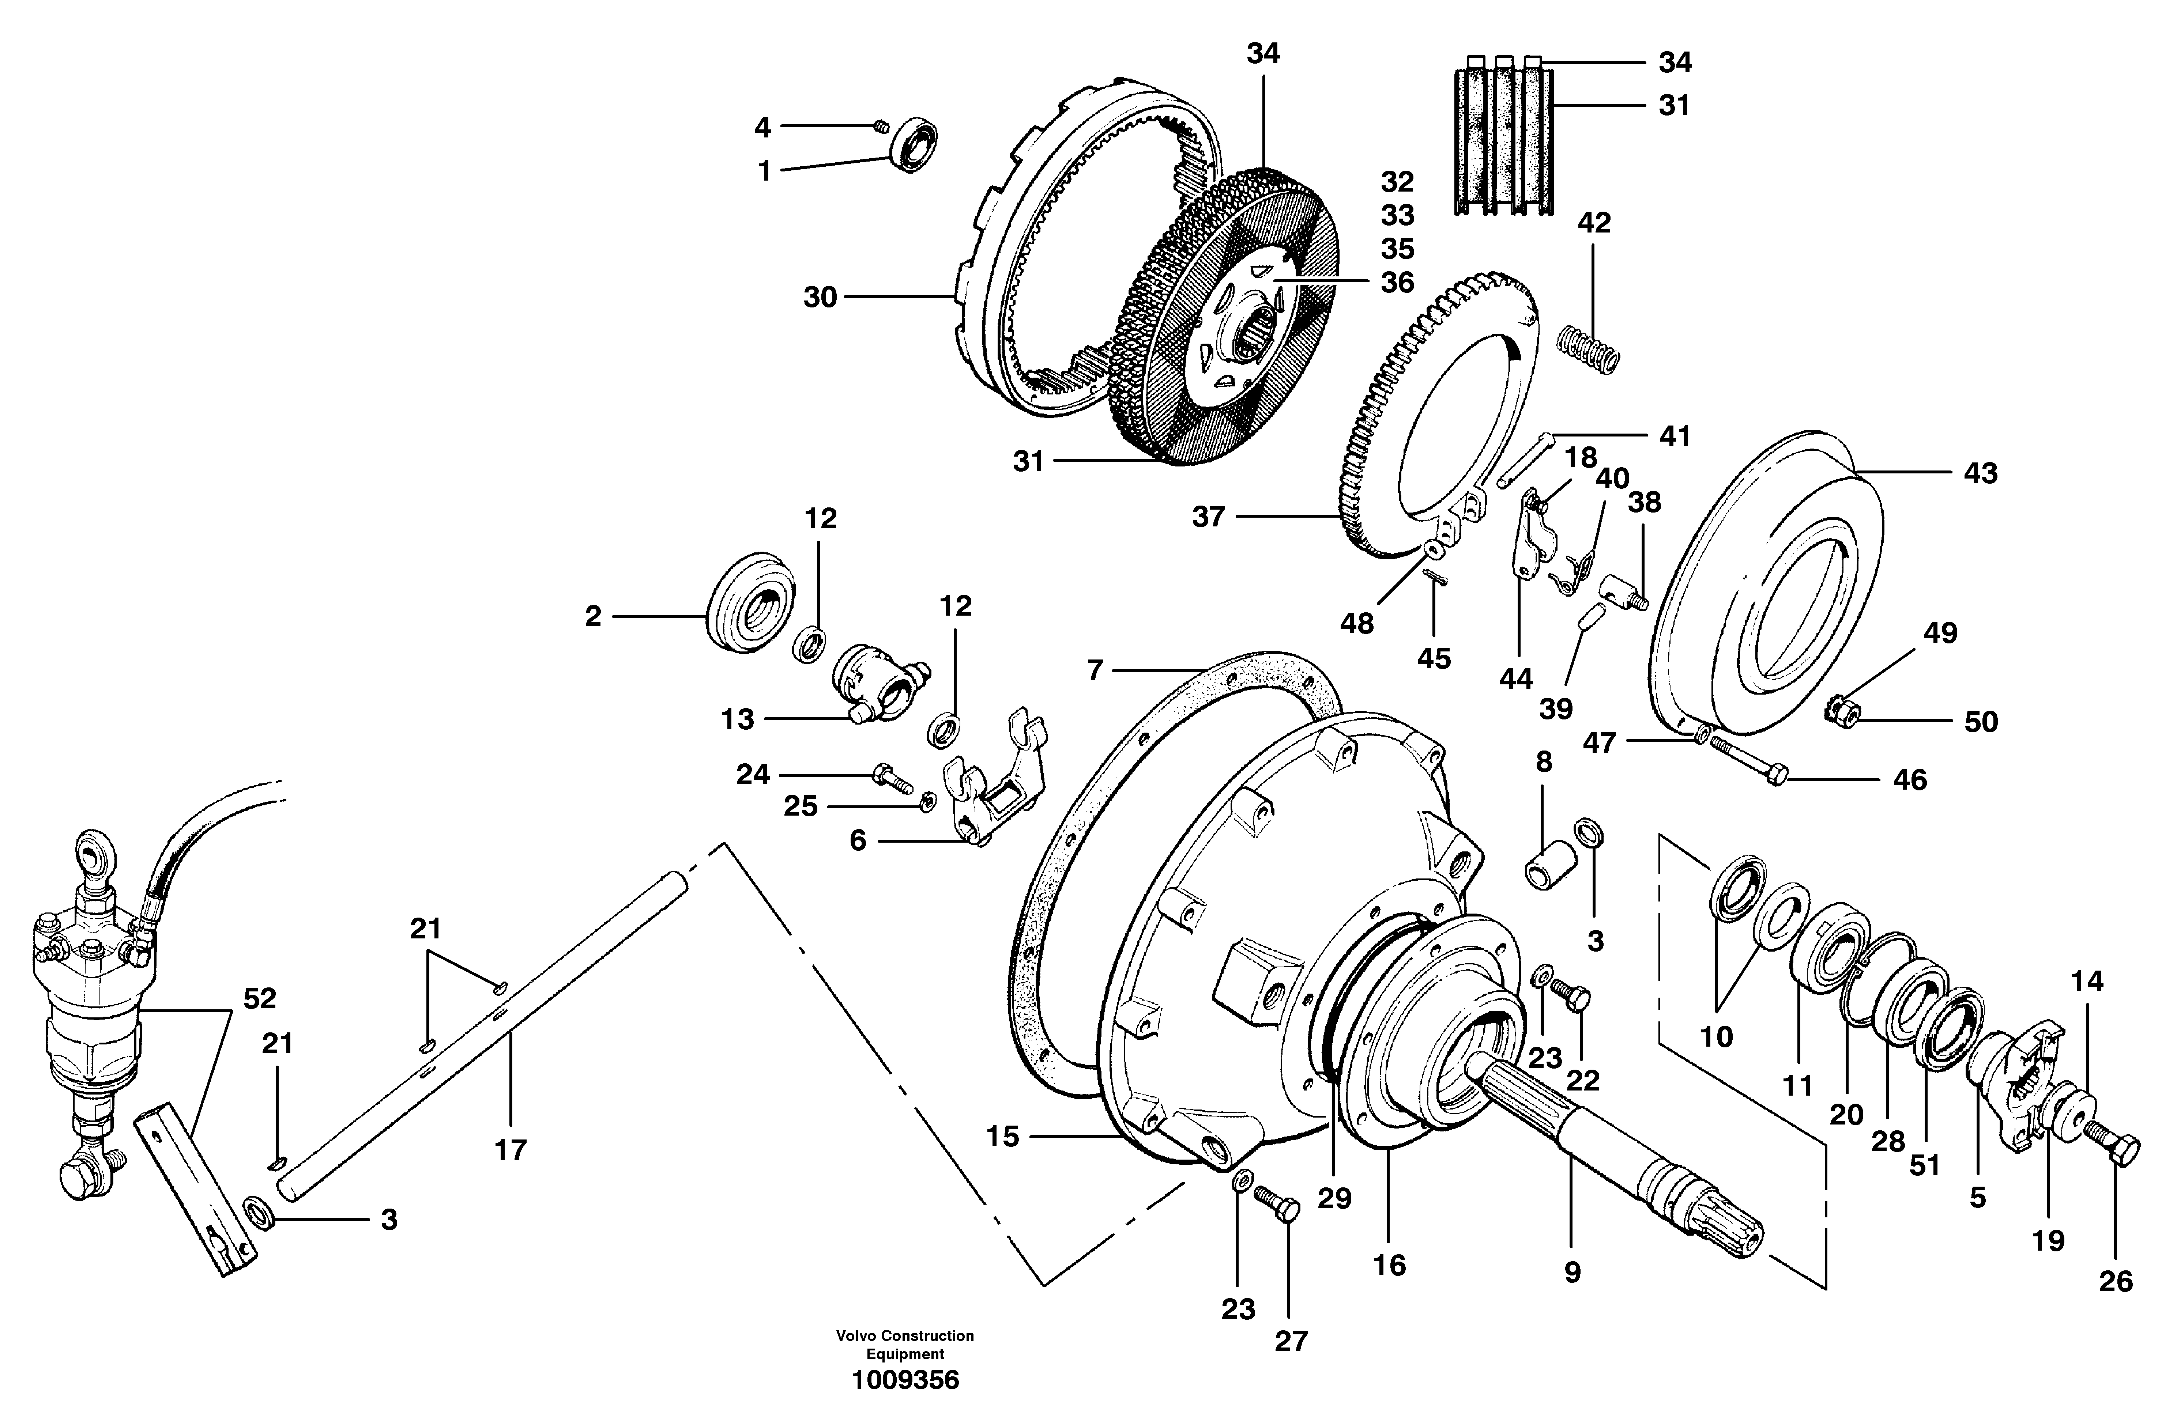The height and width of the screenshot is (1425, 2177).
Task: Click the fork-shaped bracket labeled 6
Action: click(993, 778)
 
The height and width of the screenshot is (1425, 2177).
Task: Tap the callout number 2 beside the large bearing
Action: click(593, 616)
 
